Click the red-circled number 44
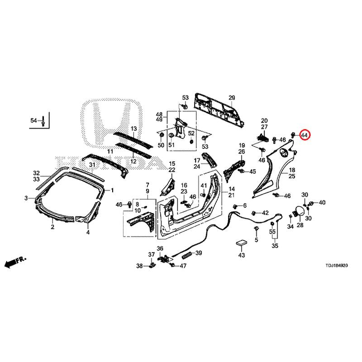pyautogui.click(x=304, y=134)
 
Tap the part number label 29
pyautogui.click(x=232, y=98)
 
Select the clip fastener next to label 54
pyautogui.click(x=43, y=121)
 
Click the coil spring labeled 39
pyautogui.click(x=186, y=255)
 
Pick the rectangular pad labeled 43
pyautogui.click(x=241, y=243)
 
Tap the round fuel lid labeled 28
pyautogui.click(x=299, y=211)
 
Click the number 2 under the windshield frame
pyautogui.click(x=52, y=227)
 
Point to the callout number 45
pyautogui.click(x=252, y=171)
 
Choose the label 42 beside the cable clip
pyautogui.click(x=265, y=213)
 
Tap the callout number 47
pyautogui.click(x=183, y=266)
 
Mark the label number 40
pyautogui.click(x=322, y=202)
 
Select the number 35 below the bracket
pyautogui.click(x=275, y=246)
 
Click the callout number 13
pyautogui.click(x=134, y=129)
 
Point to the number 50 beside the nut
pyautogui.click(x=161, y=145)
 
